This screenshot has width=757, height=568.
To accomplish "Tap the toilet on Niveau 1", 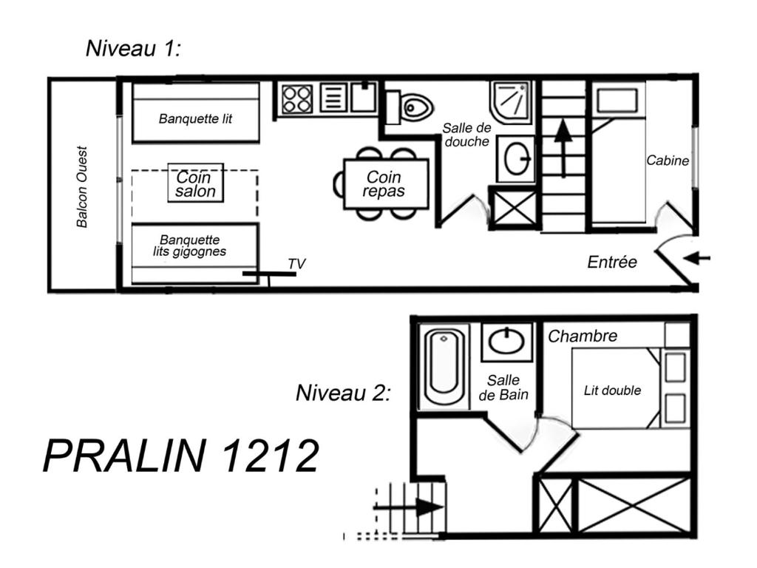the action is pos(410,106).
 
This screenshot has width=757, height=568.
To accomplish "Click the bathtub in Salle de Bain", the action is pos(444,367).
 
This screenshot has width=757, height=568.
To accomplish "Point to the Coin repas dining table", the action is pos(386,184).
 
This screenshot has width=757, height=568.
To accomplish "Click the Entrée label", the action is pos(612,263).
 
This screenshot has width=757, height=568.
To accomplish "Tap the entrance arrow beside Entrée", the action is pos(697,258).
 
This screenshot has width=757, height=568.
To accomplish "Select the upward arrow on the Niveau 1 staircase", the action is pos(563,148).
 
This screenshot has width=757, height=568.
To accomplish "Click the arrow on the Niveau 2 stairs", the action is pos(408,507).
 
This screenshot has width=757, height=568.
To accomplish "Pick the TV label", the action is pos(296,264).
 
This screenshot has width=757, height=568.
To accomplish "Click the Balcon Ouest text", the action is pos(82,187).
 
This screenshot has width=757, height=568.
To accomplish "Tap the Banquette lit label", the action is pos(195,118).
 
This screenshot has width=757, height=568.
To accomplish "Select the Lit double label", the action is pos(612,390).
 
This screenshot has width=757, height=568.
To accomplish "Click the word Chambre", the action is pos(583,336).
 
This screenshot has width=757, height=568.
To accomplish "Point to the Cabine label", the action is pos(668,160).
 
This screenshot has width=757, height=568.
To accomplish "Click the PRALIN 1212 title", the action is pos(181,456).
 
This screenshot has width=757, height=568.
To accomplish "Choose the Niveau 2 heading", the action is pos(343,393).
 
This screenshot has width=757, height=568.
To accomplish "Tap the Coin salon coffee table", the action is pos(195,183).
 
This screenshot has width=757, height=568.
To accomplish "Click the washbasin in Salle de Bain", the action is pos(506,342).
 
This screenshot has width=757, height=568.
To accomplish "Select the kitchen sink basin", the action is pos(364,97).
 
